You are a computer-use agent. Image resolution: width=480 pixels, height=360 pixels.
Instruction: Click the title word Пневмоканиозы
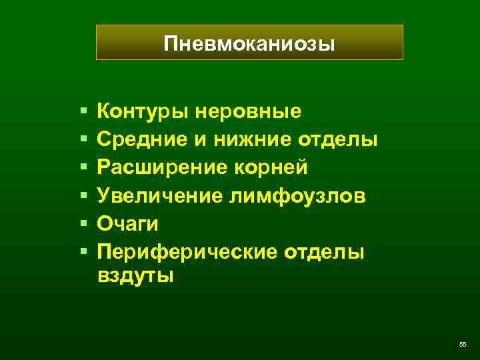(249, 44)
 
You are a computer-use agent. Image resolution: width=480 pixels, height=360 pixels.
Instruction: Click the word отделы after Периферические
(326, 253)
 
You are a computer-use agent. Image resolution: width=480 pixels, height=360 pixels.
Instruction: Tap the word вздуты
(135, 276)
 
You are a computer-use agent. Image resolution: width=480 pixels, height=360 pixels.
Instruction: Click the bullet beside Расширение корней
(83, 167)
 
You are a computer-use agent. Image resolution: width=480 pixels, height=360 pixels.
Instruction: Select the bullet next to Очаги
(83, 224)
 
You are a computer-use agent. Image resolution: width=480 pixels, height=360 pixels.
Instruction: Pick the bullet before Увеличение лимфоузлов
(83, 195)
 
